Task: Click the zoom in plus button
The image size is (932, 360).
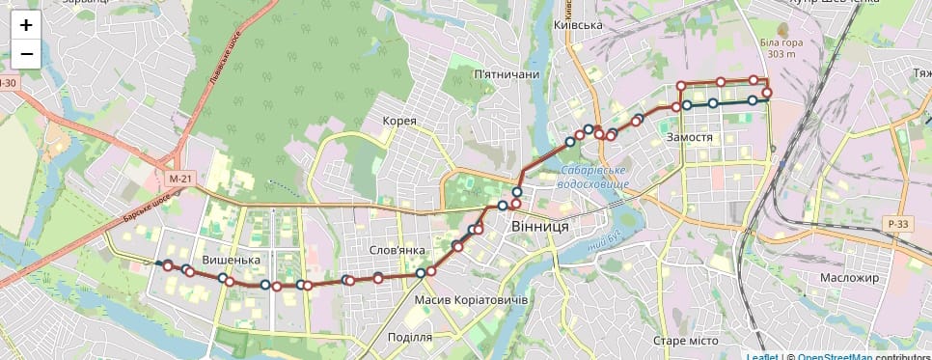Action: pyautogui.click(x=26, y=26)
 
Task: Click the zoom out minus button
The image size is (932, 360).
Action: pyautogui.click(x=26, y=55)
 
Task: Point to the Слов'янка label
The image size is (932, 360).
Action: pyautogui.click(x=397, y=251)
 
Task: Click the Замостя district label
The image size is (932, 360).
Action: pyautogui.click(x=689, y=138)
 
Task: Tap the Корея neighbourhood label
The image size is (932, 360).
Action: pyautogui.click(x=399, y=121)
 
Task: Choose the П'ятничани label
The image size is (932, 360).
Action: pyautogui.click(x=506, y=74)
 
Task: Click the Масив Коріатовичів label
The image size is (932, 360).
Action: pyautogui.click(x=471, y=301)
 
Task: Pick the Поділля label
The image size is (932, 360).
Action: pyautogui.click(x=408, y=338)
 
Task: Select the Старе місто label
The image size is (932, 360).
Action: pyautogui.click(x=685, y=342)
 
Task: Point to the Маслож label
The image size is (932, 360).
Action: pyautogui.click(x=849, y=278)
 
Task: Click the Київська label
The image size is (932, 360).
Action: pyautogui.click(x=579, y=26)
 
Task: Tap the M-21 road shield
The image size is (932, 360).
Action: pyautogui.click(x=180, y=180)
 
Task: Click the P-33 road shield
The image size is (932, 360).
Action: pyautogui.click(x=896, y=224)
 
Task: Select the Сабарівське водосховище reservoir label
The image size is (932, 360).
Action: pyautogui.click(x=594, y=178)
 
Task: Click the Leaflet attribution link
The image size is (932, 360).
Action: pyautogui.click(x=761, y=356)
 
